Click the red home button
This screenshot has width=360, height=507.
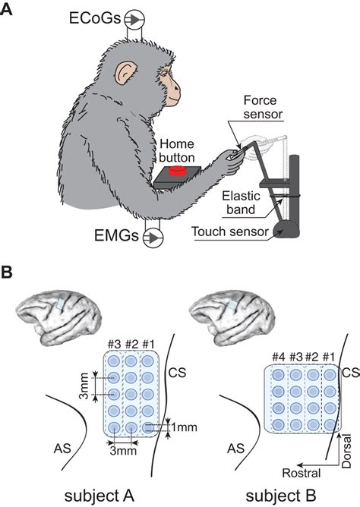tap(178, 171)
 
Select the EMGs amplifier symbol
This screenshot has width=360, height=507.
tap(154, 238)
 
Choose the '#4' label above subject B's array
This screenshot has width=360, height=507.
tap(277, 355)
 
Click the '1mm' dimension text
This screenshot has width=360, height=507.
tap(184, 427)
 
